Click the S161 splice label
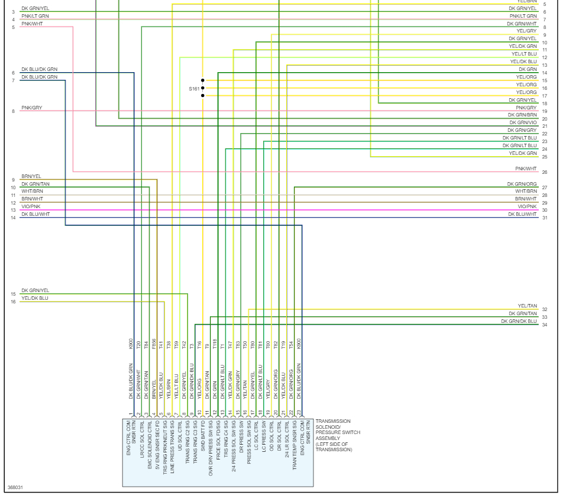[x=195, y=88]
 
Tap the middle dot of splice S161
[x=203, y=88]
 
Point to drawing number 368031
[x=14, y=488]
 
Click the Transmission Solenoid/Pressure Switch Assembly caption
[x=334, y=435]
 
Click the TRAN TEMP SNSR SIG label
[x=294, y=444]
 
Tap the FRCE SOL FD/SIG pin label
[x=218, y=444]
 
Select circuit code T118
[x=214, y=345]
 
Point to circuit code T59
[x=176, y=345]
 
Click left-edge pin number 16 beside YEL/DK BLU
[x=13, y=302]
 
